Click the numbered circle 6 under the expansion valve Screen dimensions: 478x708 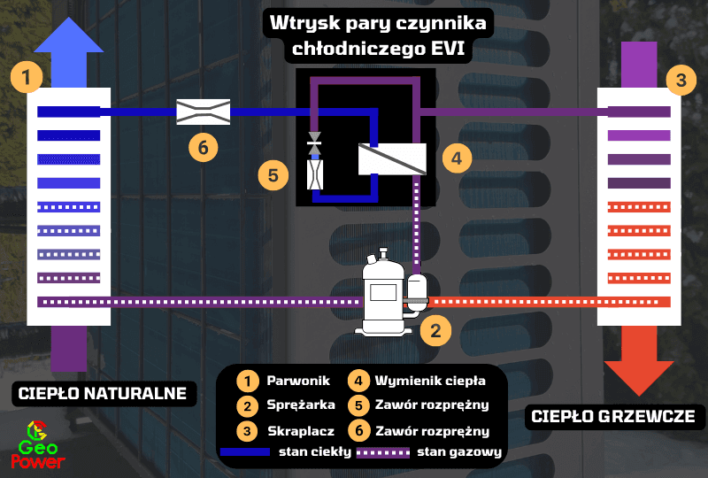point(203,148)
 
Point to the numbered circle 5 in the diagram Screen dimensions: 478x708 point(273,174)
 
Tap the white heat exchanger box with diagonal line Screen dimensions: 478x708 point(392,158)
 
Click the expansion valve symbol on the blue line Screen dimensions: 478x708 point(203,112)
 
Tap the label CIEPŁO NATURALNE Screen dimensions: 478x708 point(103,393)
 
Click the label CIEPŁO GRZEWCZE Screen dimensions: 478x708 point(612,416)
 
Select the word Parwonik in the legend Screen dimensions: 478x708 point(298,382)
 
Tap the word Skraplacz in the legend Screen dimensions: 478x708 point(299,433)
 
